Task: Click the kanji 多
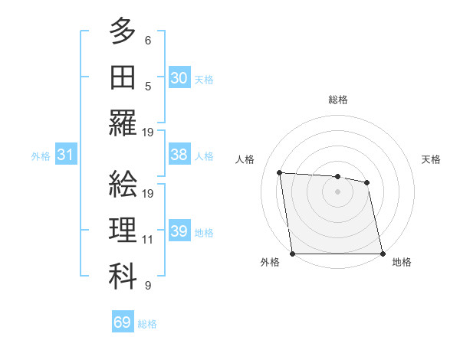tap(123, 33)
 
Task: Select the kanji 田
tap(123, 77)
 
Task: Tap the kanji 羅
tap(123, 123)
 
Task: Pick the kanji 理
tap(123, 230)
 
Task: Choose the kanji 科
tap(123, 276)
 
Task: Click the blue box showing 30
tap(179, 77)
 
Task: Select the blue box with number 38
tap(179, 155)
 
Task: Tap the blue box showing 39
tap(179, 231)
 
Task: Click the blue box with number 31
tap(65, 155)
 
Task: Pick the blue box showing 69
tap(123, 322)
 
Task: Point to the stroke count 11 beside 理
tap(148, 239)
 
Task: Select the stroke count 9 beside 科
tap(148, 286)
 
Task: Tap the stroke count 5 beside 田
tap(148, 87)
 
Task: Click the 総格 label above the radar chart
tap(338, 100)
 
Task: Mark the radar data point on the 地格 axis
tap(383, 254)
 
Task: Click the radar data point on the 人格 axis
tap(280, 172)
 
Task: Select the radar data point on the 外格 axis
tap(293, 254)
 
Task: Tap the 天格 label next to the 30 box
tap(204, 79)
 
